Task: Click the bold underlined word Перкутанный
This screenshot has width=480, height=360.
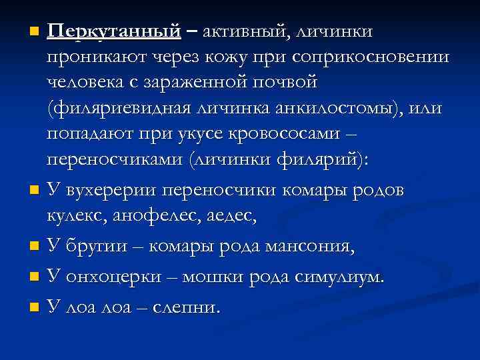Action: pyautogui.click(x=114, y=32)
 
